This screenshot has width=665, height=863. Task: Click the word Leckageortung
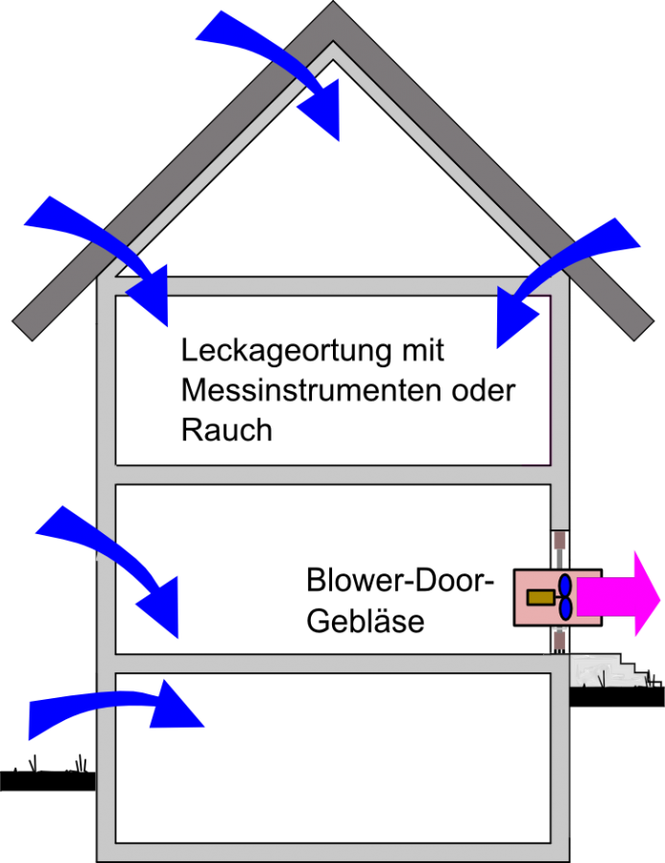coord(272,352)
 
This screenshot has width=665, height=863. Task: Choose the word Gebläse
coord(365,620)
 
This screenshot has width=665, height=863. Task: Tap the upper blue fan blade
coord(565,585)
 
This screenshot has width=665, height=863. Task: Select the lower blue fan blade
coord(565,608)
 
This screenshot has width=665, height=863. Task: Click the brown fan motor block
coord(540,596)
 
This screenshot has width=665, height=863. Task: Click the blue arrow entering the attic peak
coord(288,67)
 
